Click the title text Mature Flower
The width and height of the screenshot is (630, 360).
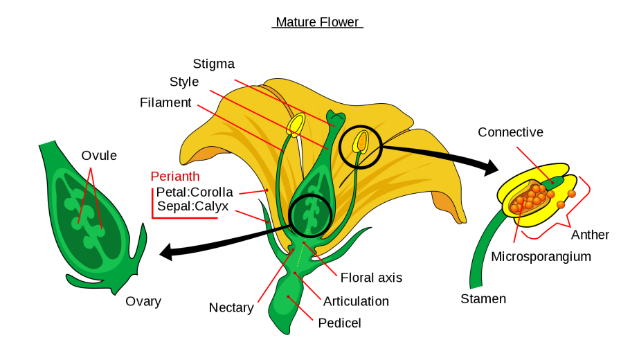coord(317,22)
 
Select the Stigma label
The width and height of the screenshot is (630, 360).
coord(213,64)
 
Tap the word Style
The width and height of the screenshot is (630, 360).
coord(184,82)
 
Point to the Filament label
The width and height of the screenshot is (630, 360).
coord(165,102)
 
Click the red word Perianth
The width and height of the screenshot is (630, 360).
coord(176,176)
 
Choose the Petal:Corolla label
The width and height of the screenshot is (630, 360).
coord(195,192)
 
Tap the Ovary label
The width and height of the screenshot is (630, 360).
coord(143,301)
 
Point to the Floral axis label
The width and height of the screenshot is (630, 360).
coord(371,278)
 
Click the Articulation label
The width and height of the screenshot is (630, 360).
coord(356,301)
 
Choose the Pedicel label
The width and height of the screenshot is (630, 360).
coord(339,323)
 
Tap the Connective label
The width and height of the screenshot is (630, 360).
coord(510,132)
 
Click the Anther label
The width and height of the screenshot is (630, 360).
coord(590,235)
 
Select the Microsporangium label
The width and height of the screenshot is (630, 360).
coord(541,257)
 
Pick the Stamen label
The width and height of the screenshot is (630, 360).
coord(483,299)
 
